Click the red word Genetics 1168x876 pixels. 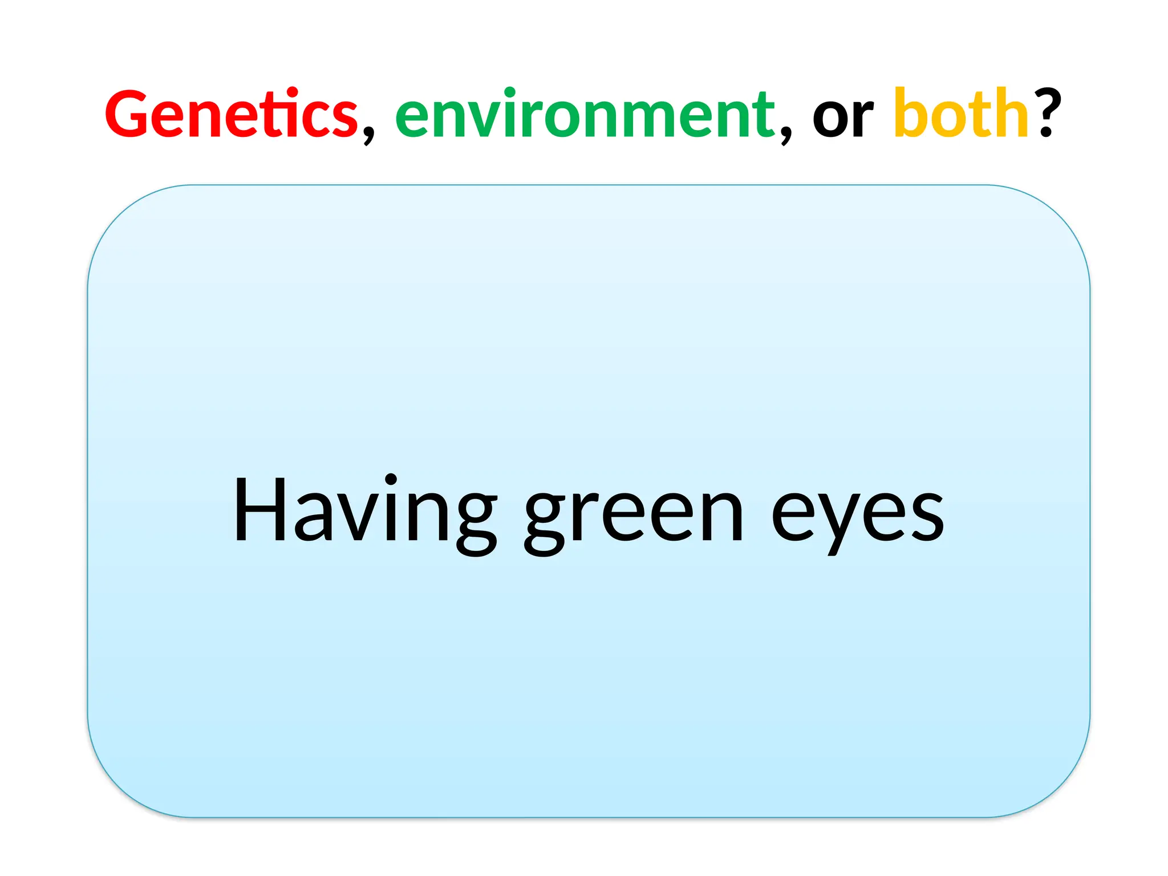click(x=231, y=114)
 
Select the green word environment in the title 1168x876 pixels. click(x=585, y=114)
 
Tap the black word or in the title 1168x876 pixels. click(x=843, y=117)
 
